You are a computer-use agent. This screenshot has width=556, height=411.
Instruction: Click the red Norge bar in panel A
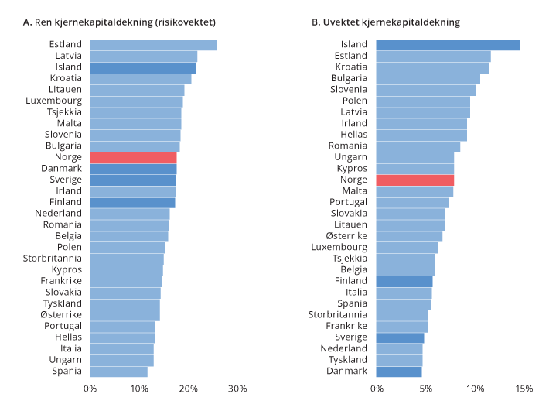(133, 158)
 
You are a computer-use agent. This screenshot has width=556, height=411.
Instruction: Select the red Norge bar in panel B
(414, 180)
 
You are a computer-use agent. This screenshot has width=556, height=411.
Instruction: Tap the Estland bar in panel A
(153, 45)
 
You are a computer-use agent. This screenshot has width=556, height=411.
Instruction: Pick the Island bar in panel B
(448, 45)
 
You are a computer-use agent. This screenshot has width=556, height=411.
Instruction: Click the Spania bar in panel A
(118, 372)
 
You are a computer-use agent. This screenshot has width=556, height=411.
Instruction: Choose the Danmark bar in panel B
(399, 372)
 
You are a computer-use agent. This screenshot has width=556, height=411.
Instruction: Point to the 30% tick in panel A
(237, 388)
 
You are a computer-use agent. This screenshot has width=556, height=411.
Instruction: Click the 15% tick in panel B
(524, 388)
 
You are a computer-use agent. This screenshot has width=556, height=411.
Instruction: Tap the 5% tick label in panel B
(426, 388)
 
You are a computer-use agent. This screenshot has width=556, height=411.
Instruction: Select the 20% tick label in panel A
(188, 388)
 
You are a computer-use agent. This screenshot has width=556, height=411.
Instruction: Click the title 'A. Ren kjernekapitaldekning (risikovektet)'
(120, 22)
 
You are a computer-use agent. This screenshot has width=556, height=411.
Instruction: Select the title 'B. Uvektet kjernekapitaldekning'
(386, 22)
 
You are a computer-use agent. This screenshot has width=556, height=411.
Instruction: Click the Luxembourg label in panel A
(53, 101)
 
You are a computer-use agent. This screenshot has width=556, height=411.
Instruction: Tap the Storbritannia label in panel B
(337, 315)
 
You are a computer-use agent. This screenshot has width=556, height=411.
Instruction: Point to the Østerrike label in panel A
(61, 315)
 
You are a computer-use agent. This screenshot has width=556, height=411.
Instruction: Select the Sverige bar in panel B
(400, 337)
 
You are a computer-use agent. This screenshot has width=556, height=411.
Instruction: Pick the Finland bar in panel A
(132, 203)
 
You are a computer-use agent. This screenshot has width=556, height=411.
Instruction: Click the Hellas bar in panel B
(421, 135)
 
